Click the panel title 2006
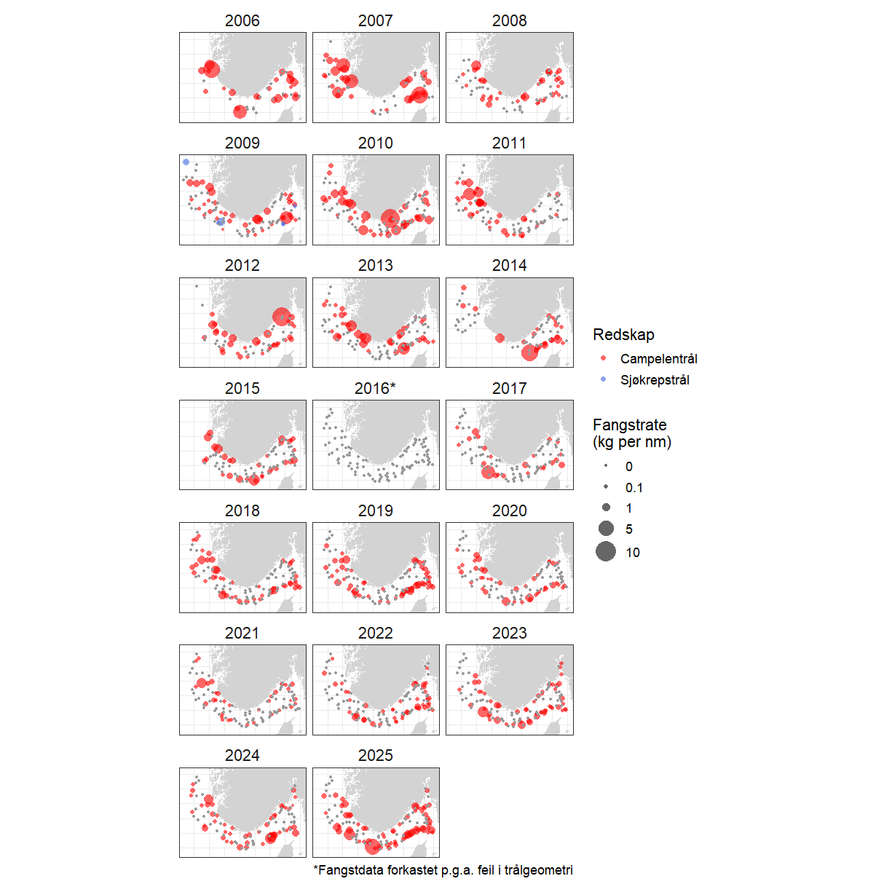pyautogui.click(x=242, y=20)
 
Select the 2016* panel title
pyautogui.click(x=375, y=388)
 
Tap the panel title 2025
pyautogui.click(x=375, y=755)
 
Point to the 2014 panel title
pyautogui.click(x=509, y=265)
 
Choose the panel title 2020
pyautogui.click(x=509, y=510)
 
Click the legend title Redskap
pyautogui.click(x=623, y=334)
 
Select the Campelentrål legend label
pyautogui.click(x=658, y=358)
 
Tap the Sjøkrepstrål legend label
pyautogui.click(x=654, y=379)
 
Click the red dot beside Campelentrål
pyautogui.click(x=603, y=358)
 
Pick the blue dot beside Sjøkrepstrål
pyautogui.click(x=603, y=379)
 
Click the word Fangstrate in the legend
pyautogui.click(x=629, y=425)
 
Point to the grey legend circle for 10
pyautogui.click(x=606, y=552)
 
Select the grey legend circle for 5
pyautogui.click(x=606, y=529)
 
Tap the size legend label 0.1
pyautogui.click(x=634, y=487)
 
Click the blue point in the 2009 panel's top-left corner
pyautogui.click(x=186, y=162)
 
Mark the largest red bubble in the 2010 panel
pyautogui.click(x=390, y=218)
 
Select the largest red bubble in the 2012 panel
pyautogui.click(x=282, y=317)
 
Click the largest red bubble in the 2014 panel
pyautogui.click(x=529, y=352)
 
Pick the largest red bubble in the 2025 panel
pyautogui.click(x=372, y=846)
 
